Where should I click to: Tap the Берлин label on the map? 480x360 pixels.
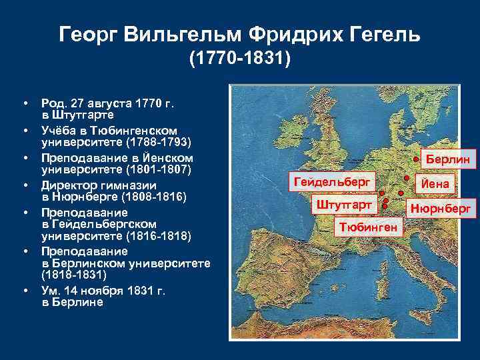click(447, 160)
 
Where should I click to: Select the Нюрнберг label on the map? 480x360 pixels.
click(441, 209)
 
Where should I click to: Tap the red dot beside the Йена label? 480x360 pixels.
click(407, 179)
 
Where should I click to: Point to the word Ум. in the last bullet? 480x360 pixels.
click(49, 290)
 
